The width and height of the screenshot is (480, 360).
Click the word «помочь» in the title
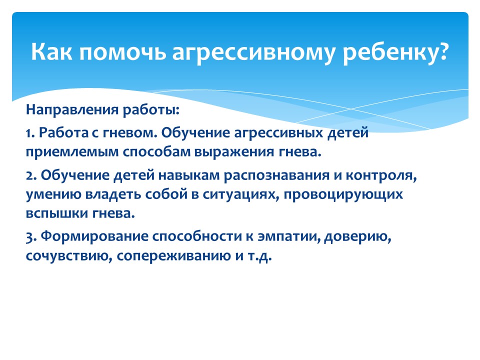[122, 52]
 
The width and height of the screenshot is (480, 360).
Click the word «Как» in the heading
[51, 51]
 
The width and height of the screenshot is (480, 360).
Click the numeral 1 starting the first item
[29, 133]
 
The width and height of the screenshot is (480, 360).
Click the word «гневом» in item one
[128, 133]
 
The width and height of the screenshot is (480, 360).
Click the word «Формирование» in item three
[94, 236]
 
